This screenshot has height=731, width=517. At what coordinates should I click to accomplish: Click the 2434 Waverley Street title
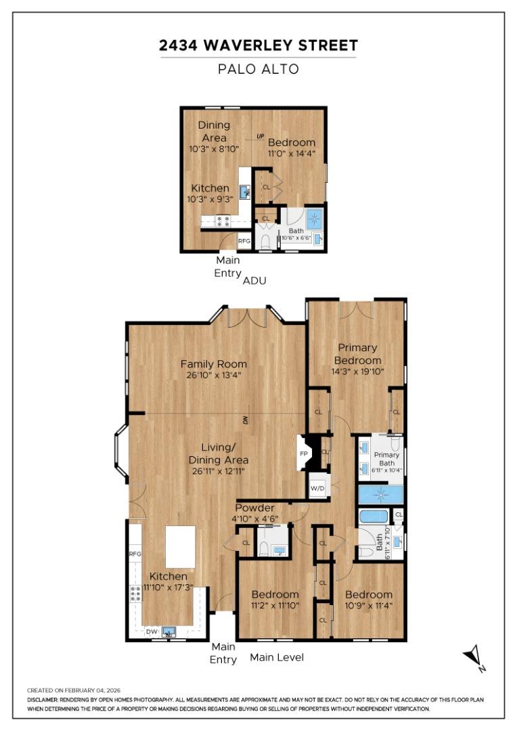[x=258, y=46]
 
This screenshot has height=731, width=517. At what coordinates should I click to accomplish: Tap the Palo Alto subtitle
[x=258, y=68]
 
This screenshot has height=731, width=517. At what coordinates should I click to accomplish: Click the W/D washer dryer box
[x=317, y=489]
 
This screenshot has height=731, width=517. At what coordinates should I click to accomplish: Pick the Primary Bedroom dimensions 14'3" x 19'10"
[x=357, y=372]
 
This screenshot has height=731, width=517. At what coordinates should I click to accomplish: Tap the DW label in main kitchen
[x=152, y=632]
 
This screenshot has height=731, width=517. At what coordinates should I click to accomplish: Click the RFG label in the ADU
[x=244, y=240]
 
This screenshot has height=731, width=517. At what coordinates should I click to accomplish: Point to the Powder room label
[x=254, y=508]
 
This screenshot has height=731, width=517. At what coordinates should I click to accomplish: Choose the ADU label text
[x=254, y=280]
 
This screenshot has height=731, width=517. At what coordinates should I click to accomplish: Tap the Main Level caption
[x=277, y=657]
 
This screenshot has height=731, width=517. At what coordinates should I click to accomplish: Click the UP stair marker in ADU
[x=261, y=137]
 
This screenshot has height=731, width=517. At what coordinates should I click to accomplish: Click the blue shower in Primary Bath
[x=380, y=494]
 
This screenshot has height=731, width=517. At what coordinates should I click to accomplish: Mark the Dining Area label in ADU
[x=214, y=131]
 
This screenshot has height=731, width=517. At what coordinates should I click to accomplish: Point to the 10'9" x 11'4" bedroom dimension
[x=368, y=606]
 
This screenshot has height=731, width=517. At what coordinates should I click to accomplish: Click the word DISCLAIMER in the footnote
[x=45, y=700]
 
